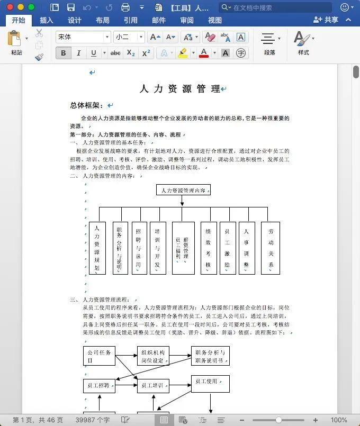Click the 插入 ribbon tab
pos(47,20)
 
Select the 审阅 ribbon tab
pos(186,20)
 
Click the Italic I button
pos(79,53)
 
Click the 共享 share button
pos(326,20)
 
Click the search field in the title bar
pos(275,7)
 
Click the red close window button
pos(10,7)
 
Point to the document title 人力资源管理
pos(180,89)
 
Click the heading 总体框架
pos(87,105)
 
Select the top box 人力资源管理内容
pos(183,190)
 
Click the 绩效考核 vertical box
pos(209,248)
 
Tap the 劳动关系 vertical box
pos(271,248)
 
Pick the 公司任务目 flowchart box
pos(99,356)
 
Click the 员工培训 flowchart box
pos(153,385)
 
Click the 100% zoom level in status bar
pos(338,420)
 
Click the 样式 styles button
pos(303,43)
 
